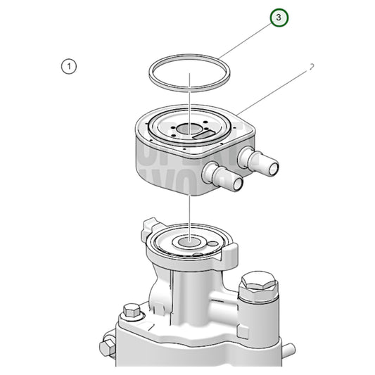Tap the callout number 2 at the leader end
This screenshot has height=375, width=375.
pos(310,67)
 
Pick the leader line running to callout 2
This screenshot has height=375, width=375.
pos(274,91)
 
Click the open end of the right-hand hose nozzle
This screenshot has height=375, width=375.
pos(272,167)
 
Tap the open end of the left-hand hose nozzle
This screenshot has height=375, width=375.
pos(237,184)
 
